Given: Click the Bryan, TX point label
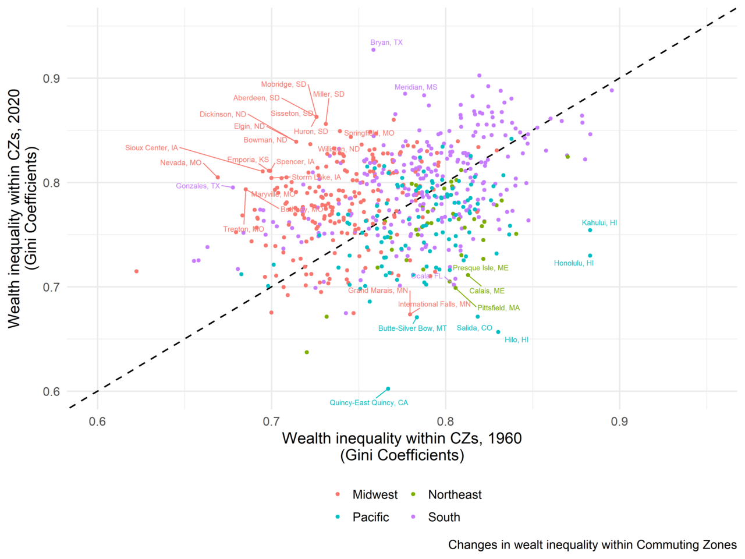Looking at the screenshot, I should (x=386, y=43).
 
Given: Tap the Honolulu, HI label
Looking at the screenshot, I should (x=574, y=263).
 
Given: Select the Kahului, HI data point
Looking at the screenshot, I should (x=590, y=230).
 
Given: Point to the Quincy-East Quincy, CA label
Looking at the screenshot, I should (x=369, y=403).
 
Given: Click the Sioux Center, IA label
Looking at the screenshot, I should (x=151, y=148).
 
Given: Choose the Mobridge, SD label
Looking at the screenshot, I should (x=283, y=84).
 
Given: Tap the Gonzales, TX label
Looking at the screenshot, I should (x=198, y=186).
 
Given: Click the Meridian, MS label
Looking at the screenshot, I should (x=416, y=87).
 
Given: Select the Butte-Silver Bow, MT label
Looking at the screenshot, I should (x=412, y=328).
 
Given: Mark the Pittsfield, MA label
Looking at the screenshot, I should (x=498, y=307).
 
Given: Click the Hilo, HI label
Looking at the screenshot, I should (x=517, y=339).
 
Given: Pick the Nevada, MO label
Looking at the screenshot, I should (x=180, y=163).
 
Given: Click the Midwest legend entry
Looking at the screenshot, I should (x=375, y=495).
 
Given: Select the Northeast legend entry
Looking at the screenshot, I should (x=455, y=495).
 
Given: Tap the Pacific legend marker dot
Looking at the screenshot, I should (x=338, y=517).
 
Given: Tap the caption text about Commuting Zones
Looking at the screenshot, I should (x=593, y=545).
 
